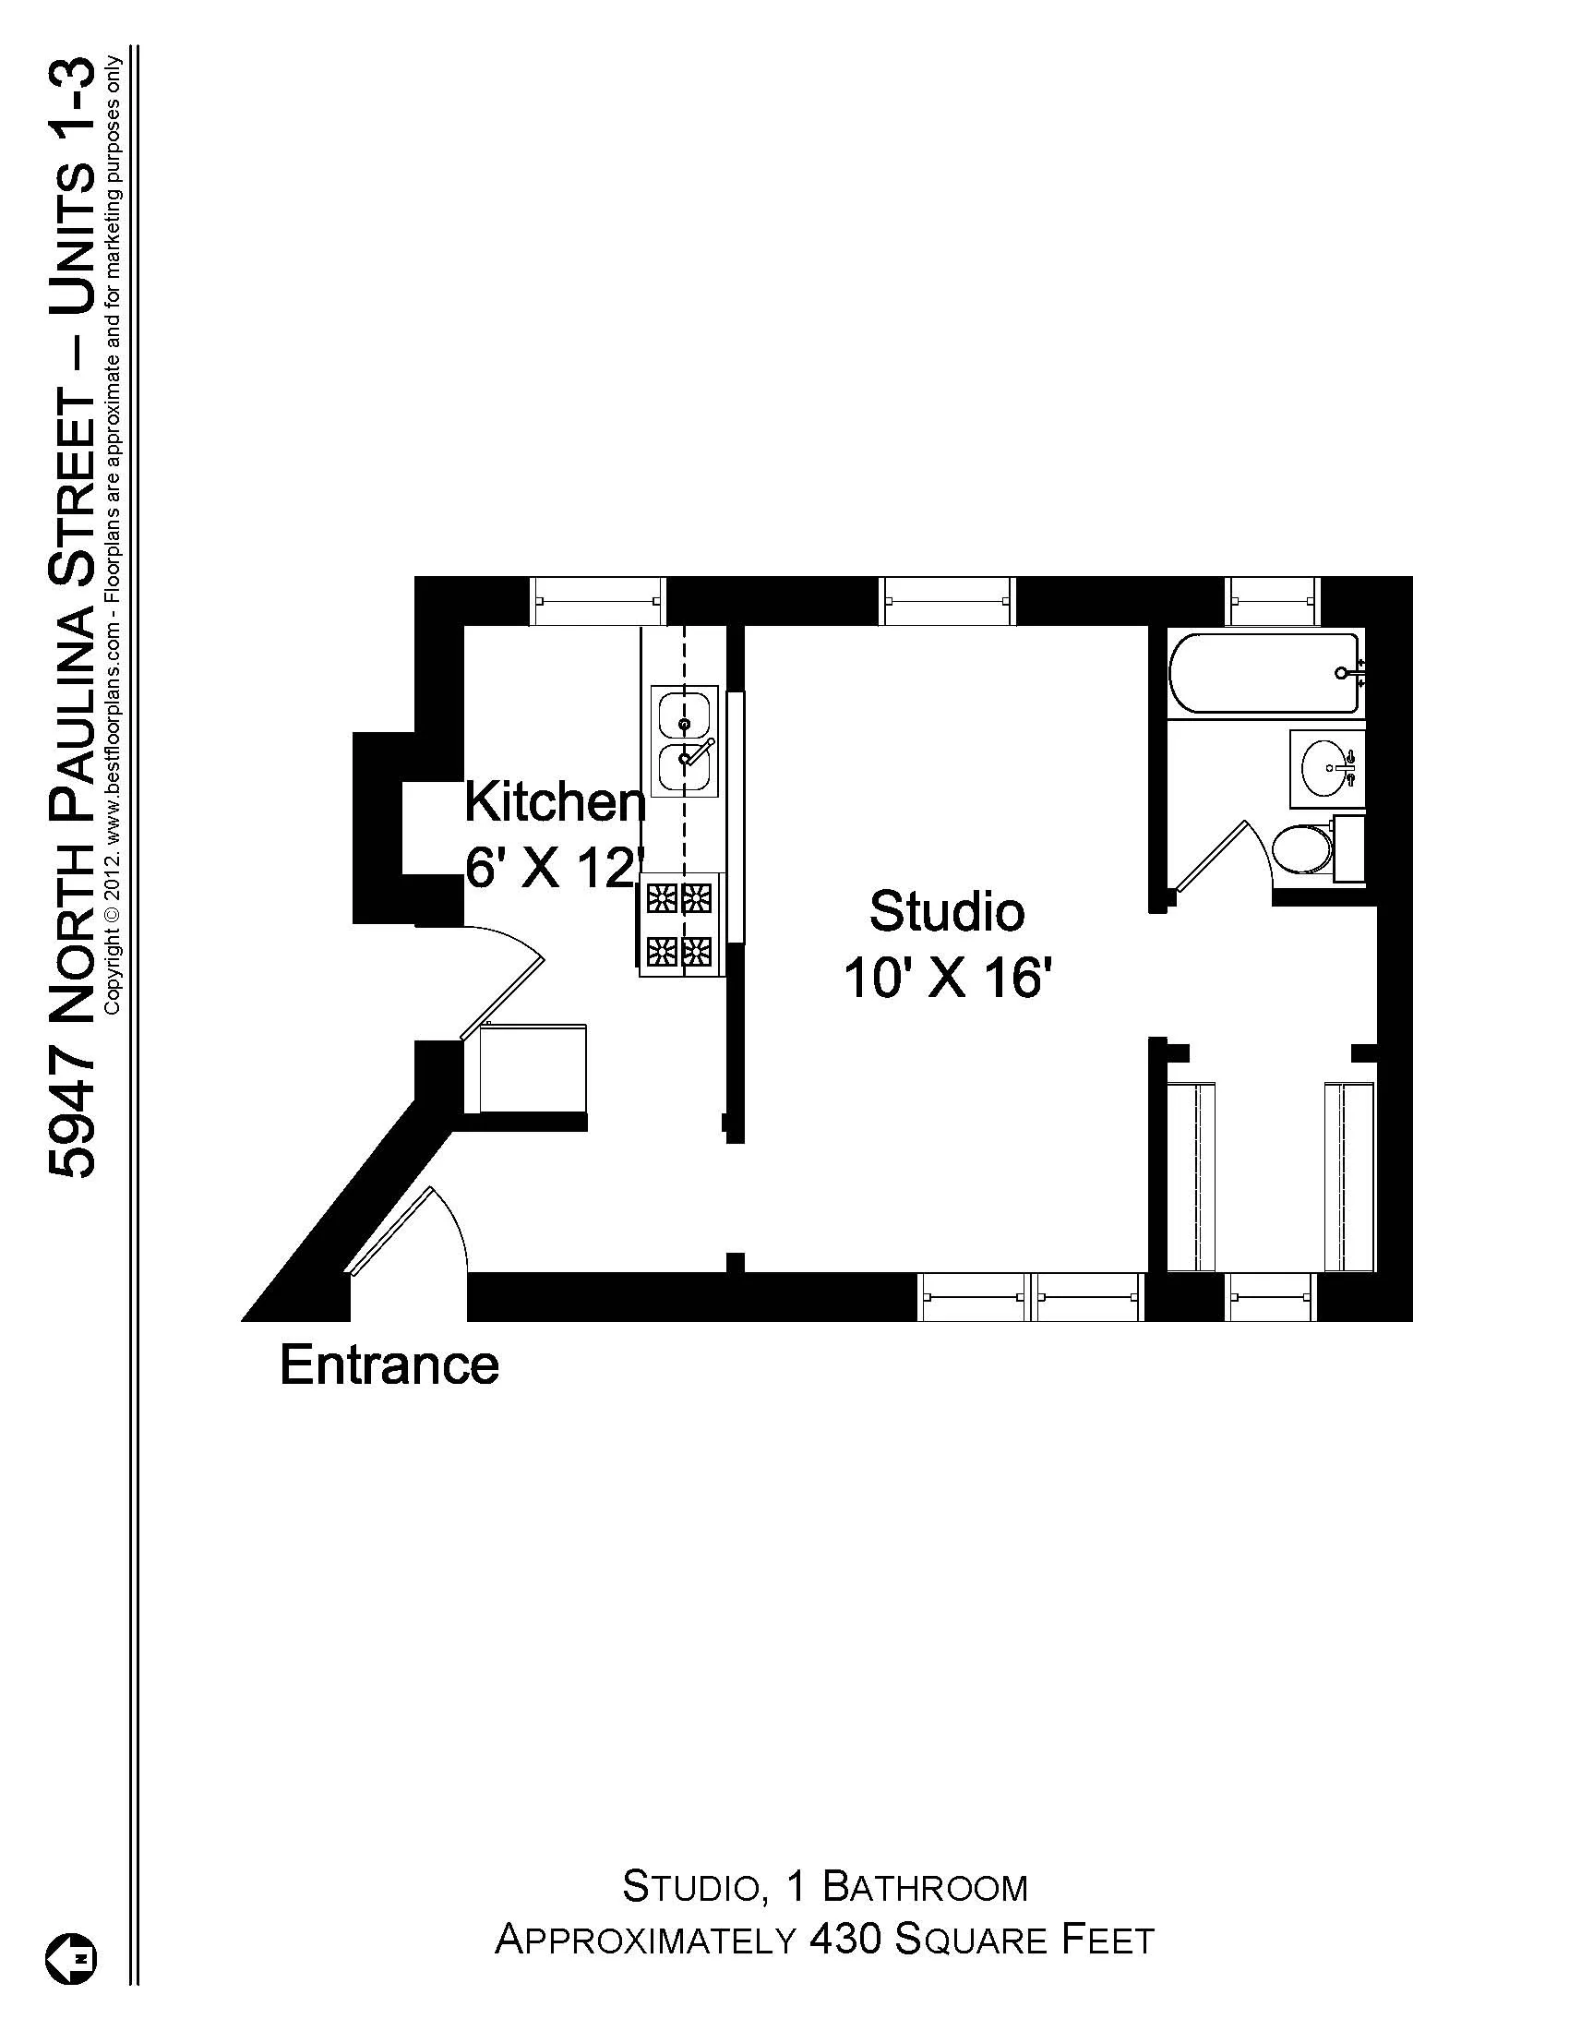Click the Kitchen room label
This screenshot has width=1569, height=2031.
tap(555, 801)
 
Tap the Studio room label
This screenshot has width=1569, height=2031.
tap(946, 911)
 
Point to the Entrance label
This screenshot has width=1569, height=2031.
tap(389, 1365)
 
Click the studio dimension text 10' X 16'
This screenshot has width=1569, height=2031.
tap(947, 979)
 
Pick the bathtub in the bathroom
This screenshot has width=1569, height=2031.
tap(1266, 673)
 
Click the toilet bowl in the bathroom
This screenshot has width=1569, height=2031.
tap(1300, 849)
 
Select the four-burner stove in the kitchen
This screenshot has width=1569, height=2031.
tap(680, 923)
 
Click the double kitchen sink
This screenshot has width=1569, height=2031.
tap(685, 741)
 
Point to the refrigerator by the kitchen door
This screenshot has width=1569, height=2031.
tap(533, 1068)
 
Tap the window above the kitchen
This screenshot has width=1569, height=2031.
tap(599, 601)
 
